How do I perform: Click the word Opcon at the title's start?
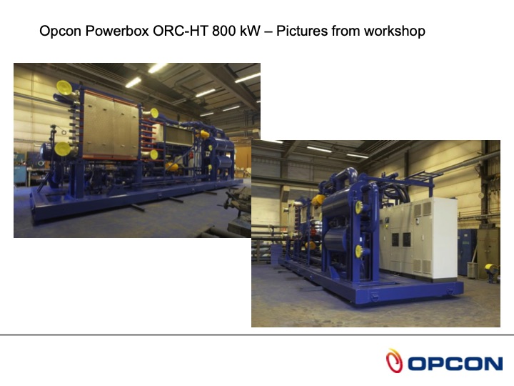[x=57, y=31]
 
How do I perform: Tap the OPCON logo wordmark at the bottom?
[x=455, y=363]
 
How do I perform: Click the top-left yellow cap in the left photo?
[x=65, y=87]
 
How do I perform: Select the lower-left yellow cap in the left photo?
[x=63, y=149]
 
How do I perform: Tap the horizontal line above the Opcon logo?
[x=257, y=335]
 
